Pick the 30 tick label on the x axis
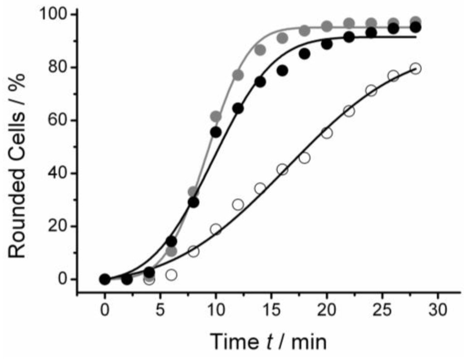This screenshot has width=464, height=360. (x=438, y=311)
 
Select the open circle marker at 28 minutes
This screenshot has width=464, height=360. (x=416, y=68)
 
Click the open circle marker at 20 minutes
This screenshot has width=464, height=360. (x=327, y=133)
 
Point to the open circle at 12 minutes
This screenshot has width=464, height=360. (x=238, y=204)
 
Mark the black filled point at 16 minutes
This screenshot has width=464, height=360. (x=282, y=71)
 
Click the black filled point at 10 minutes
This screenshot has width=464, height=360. (x=216, y=132)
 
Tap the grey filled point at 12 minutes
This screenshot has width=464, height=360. (x=238, y=75)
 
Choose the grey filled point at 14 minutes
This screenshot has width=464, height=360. (x=260, y=50)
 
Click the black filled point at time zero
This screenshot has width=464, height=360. (x=105, y=279)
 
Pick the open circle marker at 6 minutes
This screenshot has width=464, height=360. (x=171, y=274)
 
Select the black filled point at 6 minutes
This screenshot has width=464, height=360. (x=171, y=241)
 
